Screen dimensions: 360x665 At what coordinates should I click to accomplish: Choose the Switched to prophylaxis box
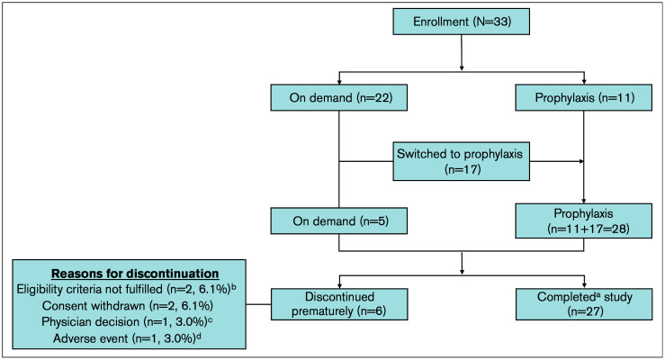(461, 161)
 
